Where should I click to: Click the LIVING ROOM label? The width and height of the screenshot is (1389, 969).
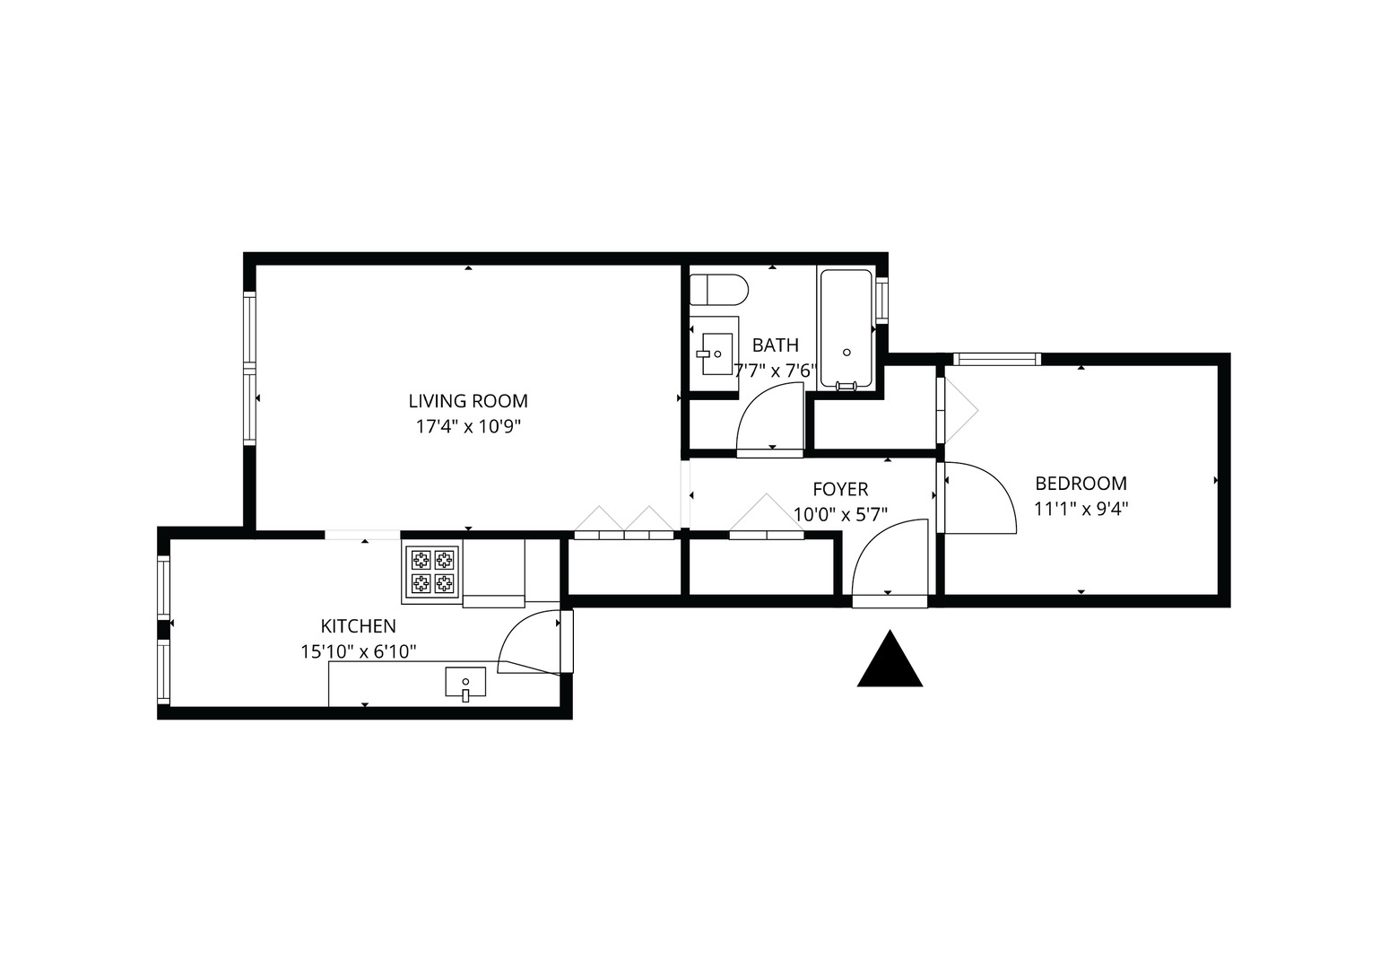pyautogui.click(x=468, y=401)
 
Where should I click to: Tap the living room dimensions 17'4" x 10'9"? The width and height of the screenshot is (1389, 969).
pyautogui.click(x=468, y=426)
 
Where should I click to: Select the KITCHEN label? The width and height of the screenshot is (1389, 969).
pyautogui.click(x=358, y=626)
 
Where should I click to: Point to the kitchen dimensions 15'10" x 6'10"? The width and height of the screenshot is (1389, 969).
pyautogui.click(x=358, y=651)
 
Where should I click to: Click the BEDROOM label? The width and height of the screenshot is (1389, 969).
pyautogui.click(x=1081, y=484)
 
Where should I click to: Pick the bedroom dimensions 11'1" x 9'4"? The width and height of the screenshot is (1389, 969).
pyautogui.click(x=1081, y=509)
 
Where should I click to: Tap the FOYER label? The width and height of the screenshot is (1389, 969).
pyautogui.click(x=840, y=489)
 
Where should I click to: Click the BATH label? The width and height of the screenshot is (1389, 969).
pyautogui.click(x=775, y=345)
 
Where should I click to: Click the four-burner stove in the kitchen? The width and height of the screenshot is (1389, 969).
pyautogui.click(x=432, y=572)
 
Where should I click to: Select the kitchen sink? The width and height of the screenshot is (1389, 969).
pyautogui.click(x=465, y=683)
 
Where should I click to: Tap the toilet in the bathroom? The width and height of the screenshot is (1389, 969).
pyautogui.click(x=718, y=290)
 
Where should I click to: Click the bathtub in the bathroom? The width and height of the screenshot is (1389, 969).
pyautogui.click(x=846, y=328)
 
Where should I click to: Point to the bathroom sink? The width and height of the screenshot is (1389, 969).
pyautogui.click(x=716, y=354)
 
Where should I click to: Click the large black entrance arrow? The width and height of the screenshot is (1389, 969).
pyautogui.click(x=890, y=661)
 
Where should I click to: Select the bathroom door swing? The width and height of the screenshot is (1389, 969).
pyautogui.click(x=768, y=418)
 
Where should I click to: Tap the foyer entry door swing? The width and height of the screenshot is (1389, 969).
pyautogui.click(x=889, y=560)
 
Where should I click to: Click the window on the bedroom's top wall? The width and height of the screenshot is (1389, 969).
pyautogui.click(x=996, y=360)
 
